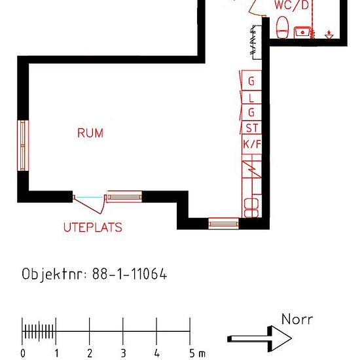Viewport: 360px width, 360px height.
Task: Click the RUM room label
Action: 90,133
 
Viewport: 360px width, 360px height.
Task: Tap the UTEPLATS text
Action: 92,228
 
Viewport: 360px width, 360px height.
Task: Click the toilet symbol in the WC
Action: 283,27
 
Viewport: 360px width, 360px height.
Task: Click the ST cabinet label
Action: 251,128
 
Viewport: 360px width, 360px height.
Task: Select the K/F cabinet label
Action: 251,144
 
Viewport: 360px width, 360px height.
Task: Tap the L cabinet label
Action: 251,98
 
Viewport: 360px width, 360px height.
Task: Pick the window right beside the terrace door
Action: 124,196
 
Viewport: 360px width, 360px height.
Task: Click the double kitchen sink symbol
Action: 251,207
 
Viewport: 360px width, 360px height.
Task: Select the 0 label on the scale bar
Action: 23,353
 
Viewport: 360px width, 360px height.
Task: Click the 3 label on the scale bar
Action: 124,353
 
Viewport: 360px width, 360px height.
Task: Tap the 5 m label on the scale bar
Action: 197,353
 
